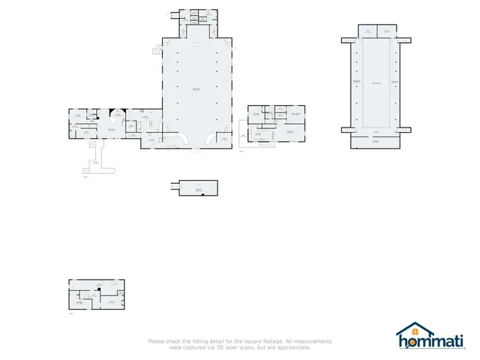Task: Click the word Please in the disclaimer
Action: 156,342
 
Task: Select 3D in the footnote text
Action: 220,347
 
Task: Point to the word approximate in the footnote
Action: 293,347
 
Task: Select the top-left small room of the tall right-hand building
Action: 368,31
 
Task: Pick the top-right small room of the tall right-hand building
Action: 386,31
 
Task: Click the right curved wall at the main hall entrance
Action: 206,138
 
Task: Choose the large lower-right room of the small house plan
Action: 291,133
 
